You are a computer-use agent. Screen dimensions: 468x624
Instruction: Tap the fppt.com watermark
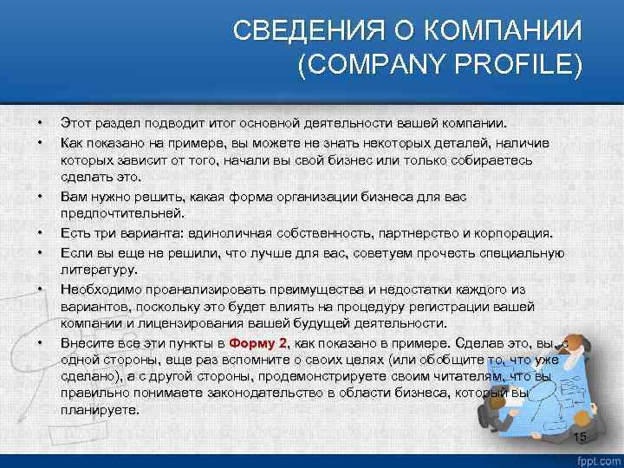(598, 458)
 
